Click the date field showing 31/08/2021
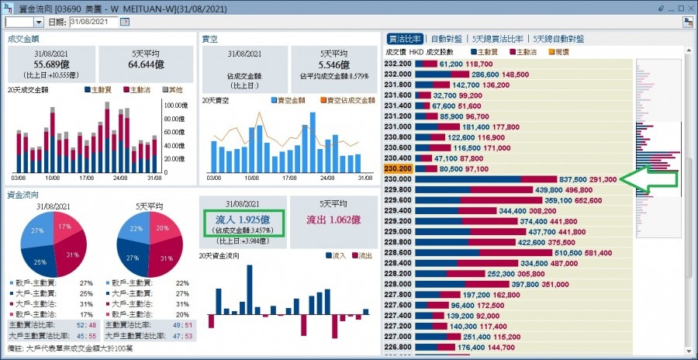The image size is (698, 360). (98, 22)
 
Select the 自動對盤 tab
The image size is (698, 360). (447, 38)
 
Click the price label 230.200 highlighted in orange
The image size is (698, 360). (398, 168)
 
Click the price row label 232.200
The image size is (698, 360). (398, 64)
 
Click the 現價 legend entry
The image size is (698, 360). (558, 51)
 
